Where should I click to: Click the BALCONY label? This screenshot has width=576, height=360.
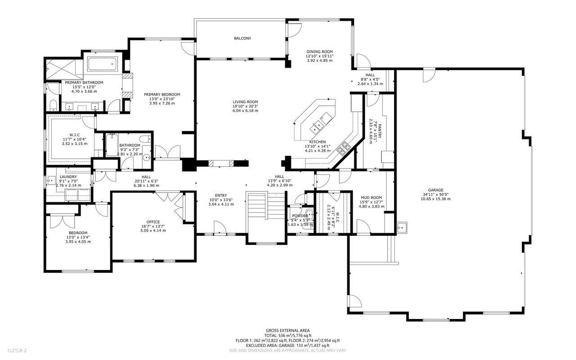pos(243,39)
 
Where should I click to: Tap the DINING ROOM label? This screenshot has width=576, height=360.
pos(319,52)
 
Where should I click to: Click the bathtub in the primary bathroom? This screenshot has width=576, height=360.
pos(103,64)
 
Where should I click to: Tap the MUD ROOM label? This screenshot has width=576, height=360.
pos(371,198)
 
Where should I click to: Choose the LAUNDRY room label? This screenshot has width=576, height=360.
pos(68,177)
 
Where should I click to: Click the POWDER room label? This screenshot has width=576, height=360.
pos(300,216)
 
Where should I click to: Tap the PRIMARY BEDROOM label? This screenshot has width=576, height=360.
pos(162,94)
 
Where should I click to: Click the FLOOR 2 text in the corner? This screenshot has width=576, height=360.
pos(17,350)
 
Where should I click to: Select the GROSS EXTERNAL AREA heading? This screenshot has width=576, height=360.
pos(288,330)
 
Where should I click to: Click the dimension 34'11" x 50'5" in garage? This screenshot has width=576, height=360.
pos(435,195)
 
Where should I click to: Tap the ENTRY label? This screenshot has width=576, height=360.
pos(220,195)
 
